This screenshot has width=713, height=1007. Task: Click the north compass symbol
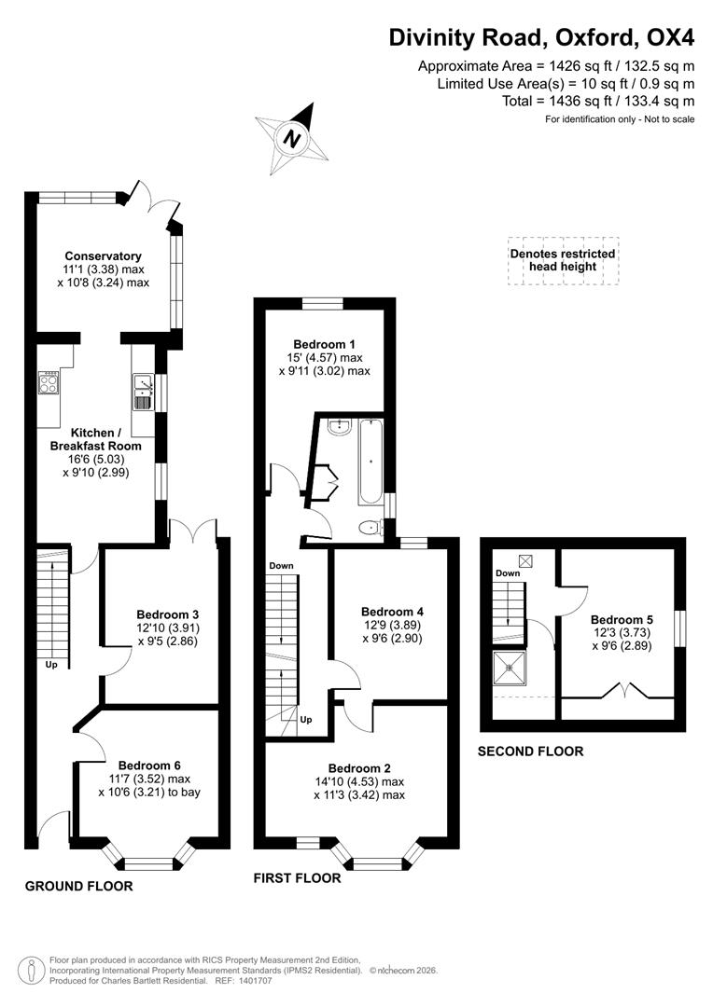[294, 139]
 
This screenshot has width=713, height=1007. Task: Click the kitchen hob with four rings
[49, 383]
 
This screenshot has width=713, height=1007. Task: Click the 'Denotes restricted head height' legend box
[562, 260]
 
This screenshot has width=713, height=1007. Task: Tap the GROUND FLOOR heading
[78, 886]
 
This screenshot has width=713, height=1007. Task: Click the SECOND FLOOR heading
[530, 752]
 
